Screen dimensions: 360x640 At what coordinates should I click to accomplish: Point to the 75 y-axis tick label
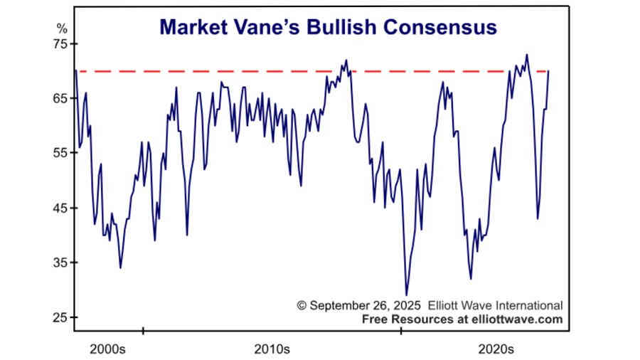pos(58,44)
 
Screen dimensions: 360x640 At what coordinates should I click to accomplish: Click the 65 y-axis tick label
pos(58,99)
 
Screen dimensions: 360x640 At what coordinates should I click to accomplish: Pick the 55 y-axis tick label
pos(58,154)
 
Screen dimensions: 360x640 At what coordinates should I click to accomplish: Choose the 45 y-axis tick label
pos(58,208)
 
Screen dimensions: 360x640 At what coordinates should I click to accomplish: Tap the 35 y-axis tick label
pos(58,263)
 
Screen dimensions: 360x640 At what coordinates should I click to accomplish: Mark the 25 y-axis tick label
pos(58,318)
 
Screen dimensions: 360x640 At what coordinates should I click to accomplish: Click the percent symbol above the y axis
pos(61,29)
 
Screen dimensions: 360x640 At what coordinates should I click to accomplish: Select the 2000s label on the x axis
pos(108,349)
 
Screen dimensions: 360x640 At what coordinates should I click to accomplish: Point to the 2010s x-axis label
pos(271,349)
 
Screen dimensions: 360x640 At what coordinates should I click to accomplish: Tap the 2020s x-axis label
pos(496,349)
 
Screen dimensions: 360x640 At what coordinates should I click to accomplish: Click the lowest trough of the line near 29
pos(407,295)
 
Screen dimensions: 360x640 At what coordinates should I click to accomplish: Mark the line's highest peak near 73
pos(527,55)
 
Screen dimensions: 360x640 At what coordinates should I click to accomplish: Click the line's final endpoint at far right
pos(549,71)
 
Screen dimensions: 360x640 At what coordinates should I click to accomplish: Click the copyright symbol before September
pos(302,305)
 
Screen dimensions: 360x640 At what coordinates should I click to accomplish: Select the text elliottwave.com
pos(517,319)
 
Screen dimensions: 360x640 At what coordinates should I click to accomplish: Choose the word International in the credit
pos(528,305)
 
